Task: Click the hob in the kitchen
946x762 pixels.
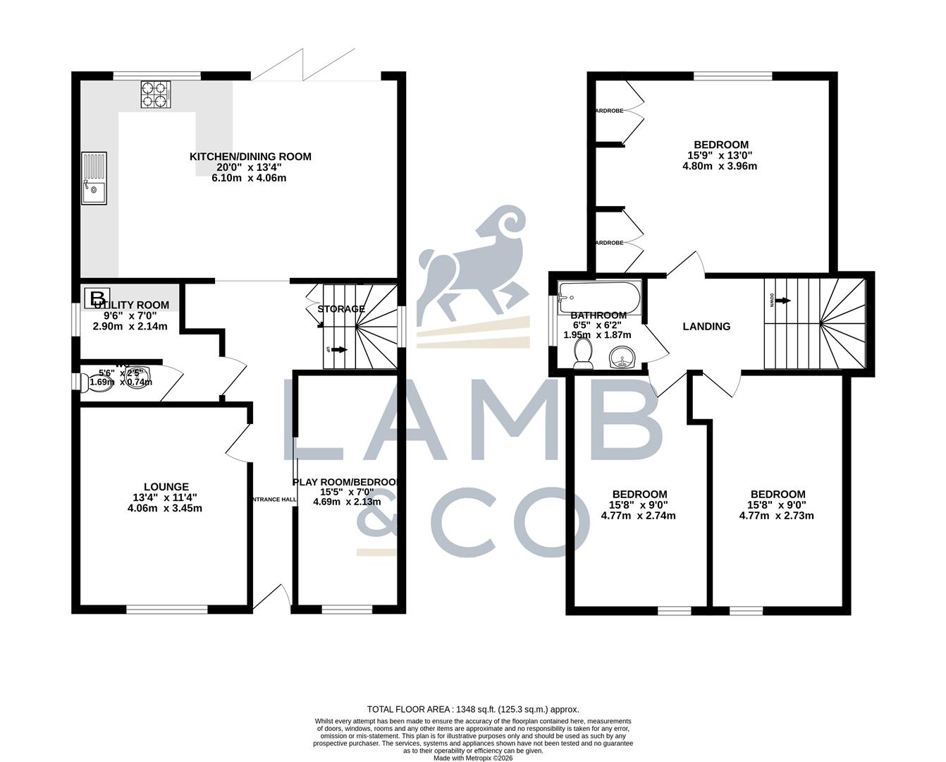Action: [x=156, y=95]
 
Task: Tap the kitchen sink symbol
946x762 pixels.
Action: [x=93, y=178]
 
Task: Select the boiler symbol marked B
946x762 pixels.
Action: [x=97, y=298]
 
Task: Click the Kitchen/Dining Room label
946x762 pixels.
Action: [x=250, y=157]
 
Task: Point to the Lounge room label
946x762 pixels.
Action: [x=166, y=486]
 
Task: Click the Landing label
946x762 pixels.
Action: [x=706, y=327]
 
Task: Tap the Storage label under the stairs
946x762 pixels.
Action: [x=341, y=309]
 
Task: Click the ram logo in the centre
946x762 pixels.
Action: [x=472, y=265]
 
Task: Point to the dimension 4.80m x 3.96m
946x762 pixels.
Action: [x=720, y=167]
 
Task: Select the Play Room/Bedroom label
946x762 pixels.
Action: [x=345, y=482]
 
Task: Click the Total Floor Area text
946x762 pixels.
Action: [x=472, y=709]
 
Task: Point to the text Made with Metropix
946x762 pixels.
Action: [x=472, y=758]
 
